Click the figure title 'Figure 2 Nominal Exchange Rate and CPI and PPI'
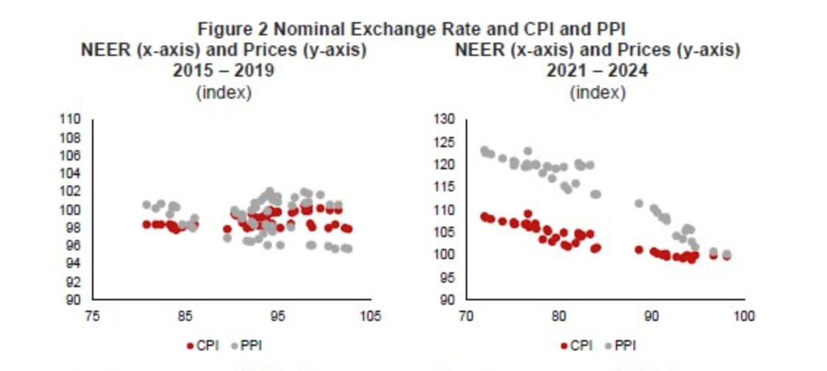point(411,29)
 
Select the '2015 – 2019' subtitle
point(224,71)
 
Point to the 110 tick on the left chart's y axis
point(71,120)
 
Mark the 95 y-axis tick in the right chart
point(449,278)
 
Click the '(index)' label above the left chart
point(224,93)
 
